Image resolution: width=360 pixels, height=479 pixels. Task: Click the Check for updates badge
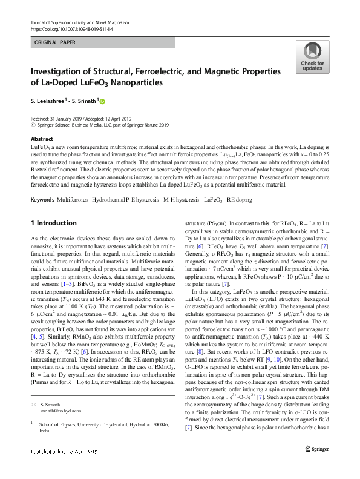coord(312,58)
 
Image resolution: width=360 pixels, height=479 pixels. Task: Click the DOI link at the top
coord(71,28)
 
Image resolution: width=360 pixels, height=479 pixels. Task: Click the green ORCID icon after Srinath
coord(103,101)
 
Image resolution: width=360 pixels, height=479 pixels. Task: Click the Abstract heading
coord(41,139)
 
